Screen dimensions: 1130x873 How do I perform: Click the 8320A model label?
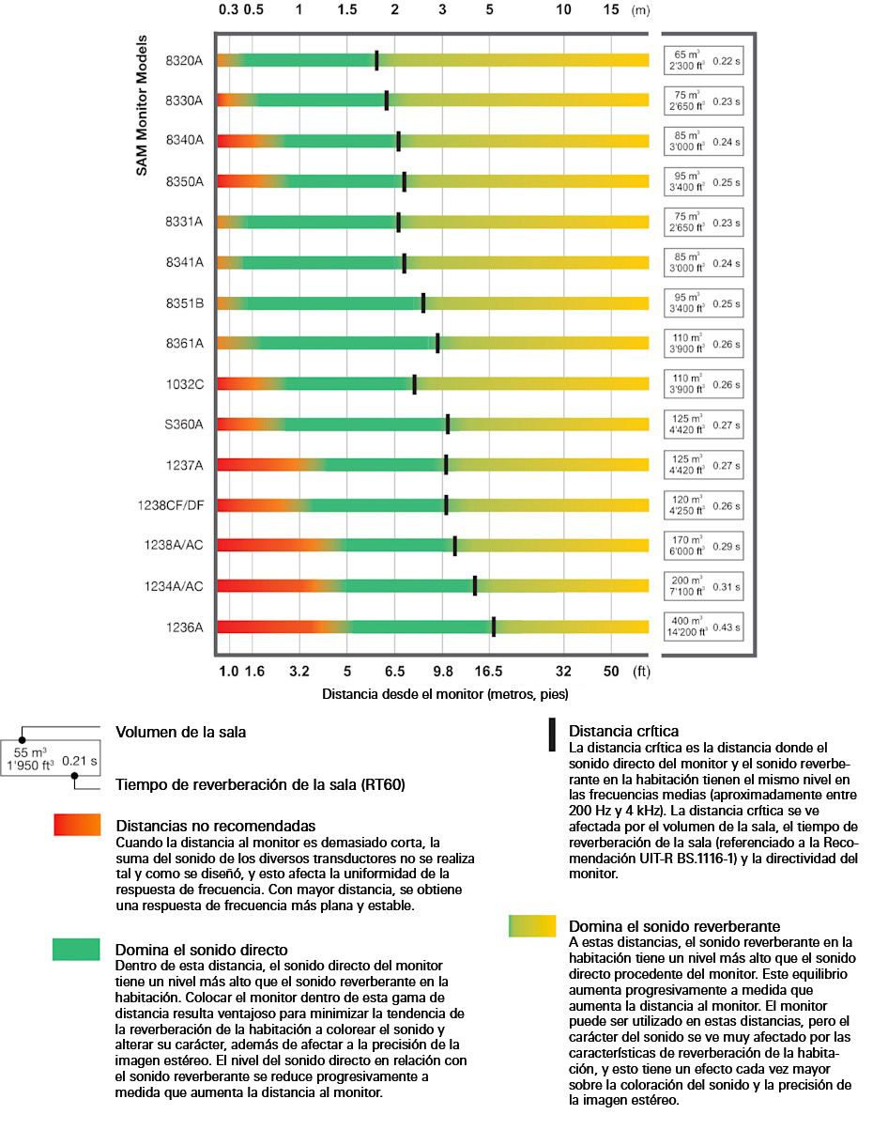click(x=184, y=60)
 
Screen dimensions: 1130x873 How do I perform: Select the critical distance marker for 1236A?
click(x=494, y=627)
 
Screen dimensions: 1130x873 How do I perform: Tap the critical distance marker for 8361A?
click(x=437, y=344)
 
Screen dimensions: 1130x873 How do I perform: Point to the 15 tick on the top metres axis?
click(x=611, y=11)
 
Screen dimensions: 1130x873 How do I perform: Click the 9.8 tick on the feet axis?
click(x=443, y=672)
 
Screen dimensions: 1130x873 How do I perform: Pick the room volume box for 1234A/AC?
click(x=686, y=586)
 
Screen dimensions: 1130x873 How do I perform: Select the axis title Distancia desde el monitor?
click(x=445, y=695)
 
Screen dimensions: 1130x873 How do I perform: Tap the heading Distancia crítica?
click(x=623, y=731)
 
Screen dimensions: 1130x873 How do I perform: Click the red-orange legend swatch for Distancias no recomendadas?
click(x=77, y=826)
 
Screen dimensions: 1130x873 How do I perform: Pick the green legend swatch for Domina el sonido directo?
click(x=76, y=950)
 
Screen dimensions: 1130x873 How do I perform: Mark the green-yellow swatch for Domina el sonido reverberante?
click(x=531, y=926)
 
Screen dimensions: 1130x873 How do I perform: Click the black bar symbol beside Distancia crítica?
click(x=552, y=735)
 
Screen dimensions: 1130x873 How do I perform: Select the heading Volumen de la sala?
click(x=180, y=732)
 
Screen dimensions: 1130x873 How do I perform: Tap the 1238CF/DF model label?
click(x=170, y=505)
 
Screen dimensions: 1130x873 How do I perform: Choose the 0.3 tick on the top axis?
click(x=228, y=11)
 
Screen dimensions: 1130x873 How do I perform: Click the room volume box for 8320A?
click(x=686, y=60)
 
